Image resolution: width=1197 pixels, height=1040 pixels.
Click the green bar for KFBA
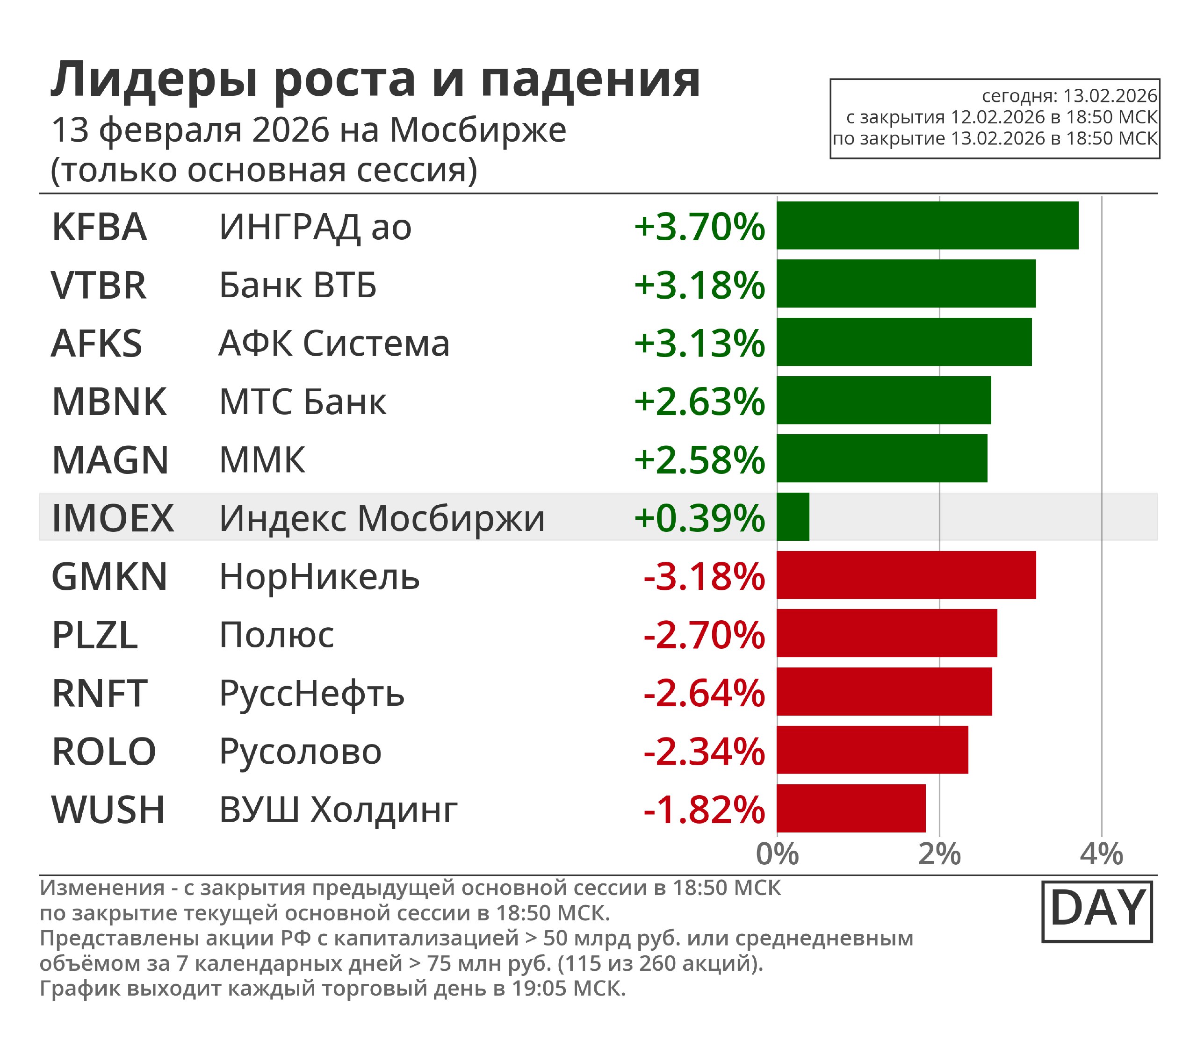[x=927, y=226]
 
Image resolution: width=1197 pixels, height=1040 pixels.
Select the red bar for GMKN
[x=906, y=575]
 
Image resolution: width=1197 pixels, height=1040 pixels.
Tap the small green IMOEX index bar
[x=793, y=517]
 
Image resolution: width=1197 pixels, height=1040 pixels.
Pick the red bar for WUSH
[x=851, y=809]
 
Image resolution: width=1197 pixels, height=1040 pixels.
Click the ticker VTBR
[x=99, y=286]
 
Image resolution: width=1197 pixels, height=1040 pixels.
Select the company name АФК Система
[x=334, y=344]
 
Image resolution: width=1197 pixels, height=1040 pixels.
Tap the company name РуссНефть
[x=312, y=694]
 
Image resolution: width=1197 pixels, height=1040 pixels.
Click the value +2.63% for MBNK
[x=699, y=402]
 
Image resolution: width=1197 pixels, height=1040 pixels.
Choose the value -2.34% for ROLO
[x=704, y=752]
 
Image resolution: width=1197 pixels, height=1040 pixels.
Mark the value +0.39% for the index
[x=699, y=518]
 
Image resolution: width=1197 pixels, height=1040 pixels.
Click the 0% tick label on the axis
[x=777, y=854]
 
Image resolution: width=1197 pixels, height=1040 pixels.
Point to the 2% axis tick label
[x=939, y=854]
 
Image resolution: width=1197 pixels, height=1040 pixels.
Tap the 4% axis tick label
[x=1101, y=854]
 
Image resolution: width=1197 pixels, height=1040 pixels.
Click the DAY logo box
[x=1096, y=912]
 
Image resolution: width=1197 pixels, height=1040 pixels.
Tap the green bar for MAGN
[x=882, y=459]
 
